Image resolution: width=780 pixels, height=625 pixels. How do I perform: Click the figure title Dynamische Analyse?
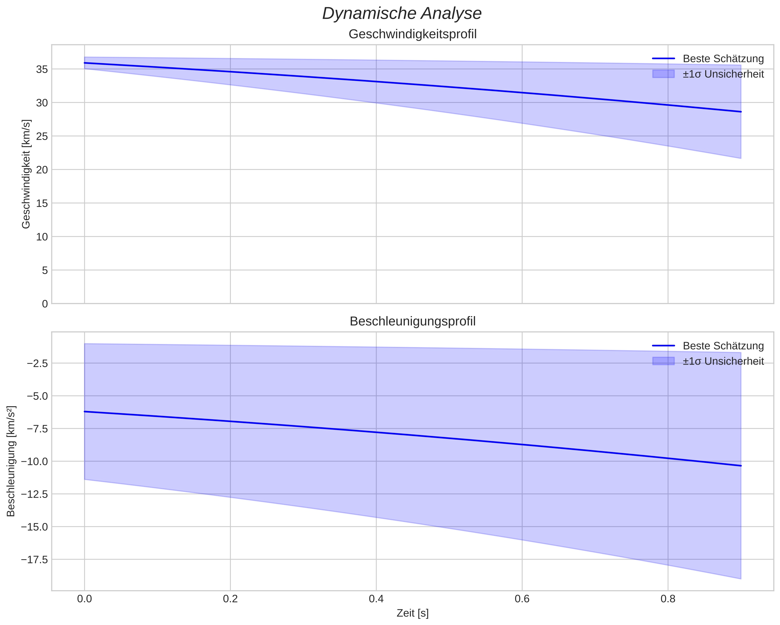402,14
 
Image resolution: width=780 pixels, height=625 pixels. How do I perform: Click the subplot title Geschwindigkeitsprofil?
412,34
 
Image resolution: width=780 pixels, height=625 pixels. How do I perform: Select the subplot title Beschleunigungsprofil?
412,322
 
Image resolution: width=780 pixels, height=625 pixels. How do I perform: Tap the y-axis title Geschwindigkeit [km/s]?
26,174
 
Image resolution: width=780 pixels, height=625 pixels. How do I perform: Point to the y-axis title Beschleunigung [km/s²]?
11,461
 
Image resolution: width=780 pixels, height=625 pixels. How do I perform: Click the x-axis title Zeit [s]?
412,613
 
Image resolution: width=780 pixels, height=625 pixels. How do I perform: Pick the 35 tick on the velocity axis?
42,69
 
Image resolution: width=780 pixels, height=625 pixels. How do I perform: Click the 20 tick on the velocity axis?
42,170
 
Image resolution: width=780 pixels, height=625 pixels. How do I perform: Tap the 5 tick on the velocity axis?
45,270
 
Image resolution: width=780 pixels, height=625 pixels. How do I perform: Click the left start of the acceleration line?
85,412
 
